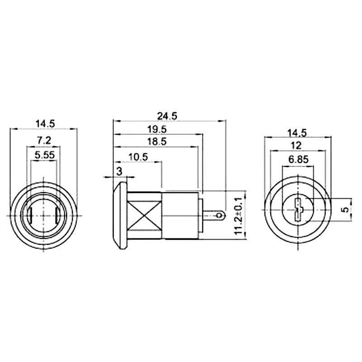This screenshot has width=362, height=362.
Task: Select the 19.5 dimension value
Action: (157, 129)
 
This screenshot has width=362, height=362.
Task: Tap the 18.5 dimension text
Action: (157, 142)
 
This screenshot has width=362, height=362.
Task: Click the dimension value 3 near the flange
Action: (119, 171)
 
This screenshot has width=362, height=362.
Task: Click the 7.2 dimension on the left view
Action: (43, 141)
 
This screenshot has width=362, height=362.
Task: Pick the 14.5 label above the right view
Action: (297, 133)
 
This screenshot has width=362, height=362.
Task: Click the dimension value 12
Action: (297, 145)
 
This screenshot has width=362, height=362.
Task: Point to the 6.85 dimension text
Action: (297, 160)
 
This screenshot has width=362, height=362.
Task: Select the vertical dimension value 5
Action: (345, 210)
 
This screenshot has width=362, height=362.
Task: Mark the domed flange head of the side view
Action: (120, 215)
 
